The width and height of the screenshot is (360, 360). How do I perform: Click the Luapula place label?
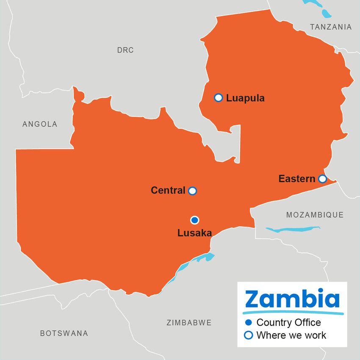pyautogui.click(x=245, y=98)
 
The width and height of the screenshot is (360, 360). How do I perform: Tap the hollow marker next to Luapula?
pyautogui.click(x=219, y=98)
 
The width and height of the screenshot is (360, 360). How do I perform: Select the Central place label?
pyautogui.click(x=168, y=191)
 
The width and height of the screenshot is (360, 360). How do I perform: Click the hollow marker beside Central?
pyautogui.click(x=192, y=191)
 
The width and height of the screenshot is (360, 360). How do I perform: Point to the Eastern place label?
pyautogui.click(x=296, y=179)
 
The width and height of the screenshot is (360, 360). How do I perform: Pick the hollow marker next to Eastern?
pyautogui.click(x=322, y=179)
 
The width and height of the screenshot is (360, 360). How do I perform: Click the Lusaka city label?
pyautogui.click(x=194, y=233)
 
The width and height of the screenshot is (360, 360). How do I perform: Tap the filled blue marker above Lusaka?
pyautogui.click(x=194, y=220)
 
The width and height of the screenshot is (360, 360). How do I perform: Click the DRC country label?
pyautogui.click(x=125, y=50)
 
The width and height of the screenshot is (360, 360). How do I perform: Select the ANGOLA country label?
pyautogui.click(x=40, y=124)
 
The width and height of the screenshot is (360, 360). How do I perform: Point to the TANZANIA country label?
pyautogui.click(x=331, y=27)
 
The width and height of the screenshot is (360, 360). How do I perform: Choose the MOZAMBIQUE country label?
pyautogui.click(x=315, y=215)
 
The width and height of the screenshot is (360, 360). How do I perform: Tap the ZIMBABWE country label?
pyautogui.click(x=189, y=323)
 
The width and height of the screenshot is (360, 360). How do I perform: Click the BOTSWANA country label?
pyautogui.click(x=64, y=333)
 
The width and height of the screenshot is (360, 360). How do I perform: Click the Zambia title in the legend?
pyautogui.click(x=292, y=299)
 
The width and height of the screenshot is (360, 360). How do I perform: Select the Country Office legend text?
pyautogui.click(x=288, y=323)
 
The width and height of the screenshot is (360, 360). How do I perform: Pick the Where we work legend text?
pyautogui.click(x=291, y=335)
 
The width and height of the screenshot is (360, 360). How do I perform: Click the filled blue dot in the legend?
pyautogui.click(x=249, y=323)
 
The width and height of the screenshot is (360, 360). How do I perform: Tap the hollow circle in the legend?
pyautogui.click(x=249, y=335)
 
